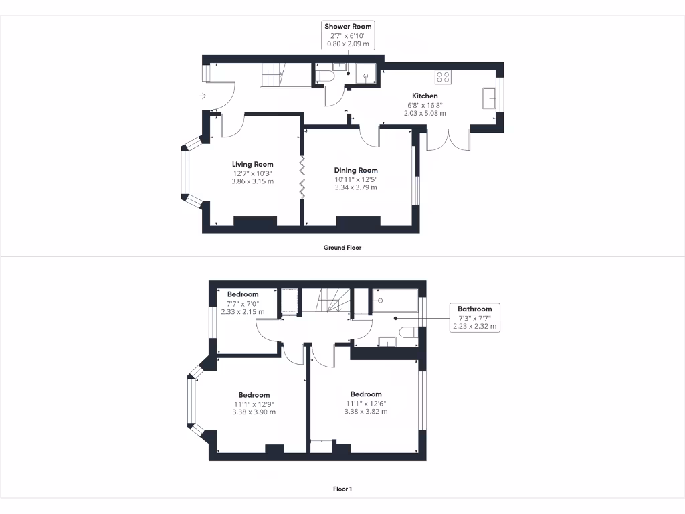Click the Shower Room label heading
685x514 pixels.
[347, 27]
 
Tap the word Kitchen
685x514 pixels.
[425, 96]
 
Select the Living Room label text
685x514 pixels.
[253, 165]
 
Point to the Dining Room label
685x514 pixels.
[356, 171]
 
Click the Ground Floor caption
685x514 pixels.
[342, 248]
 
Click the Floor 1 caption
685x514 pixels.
[342, 489]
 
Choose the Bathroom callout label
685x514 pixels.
[474, 309]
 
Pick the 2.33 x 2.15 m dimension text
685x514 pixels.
[243, 312]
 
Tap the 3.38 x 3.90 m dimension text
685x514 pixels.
[254, 412]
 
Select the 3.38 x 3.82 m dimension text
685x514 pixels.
[365, 412]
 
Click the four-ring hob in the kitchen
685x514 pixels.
[443, 77]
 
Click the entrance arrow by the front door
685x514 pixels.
[203, 96]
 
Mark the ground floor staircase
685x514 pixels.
[272, 74]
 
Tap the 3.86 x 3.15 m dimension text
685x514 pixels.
[253, 181]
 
